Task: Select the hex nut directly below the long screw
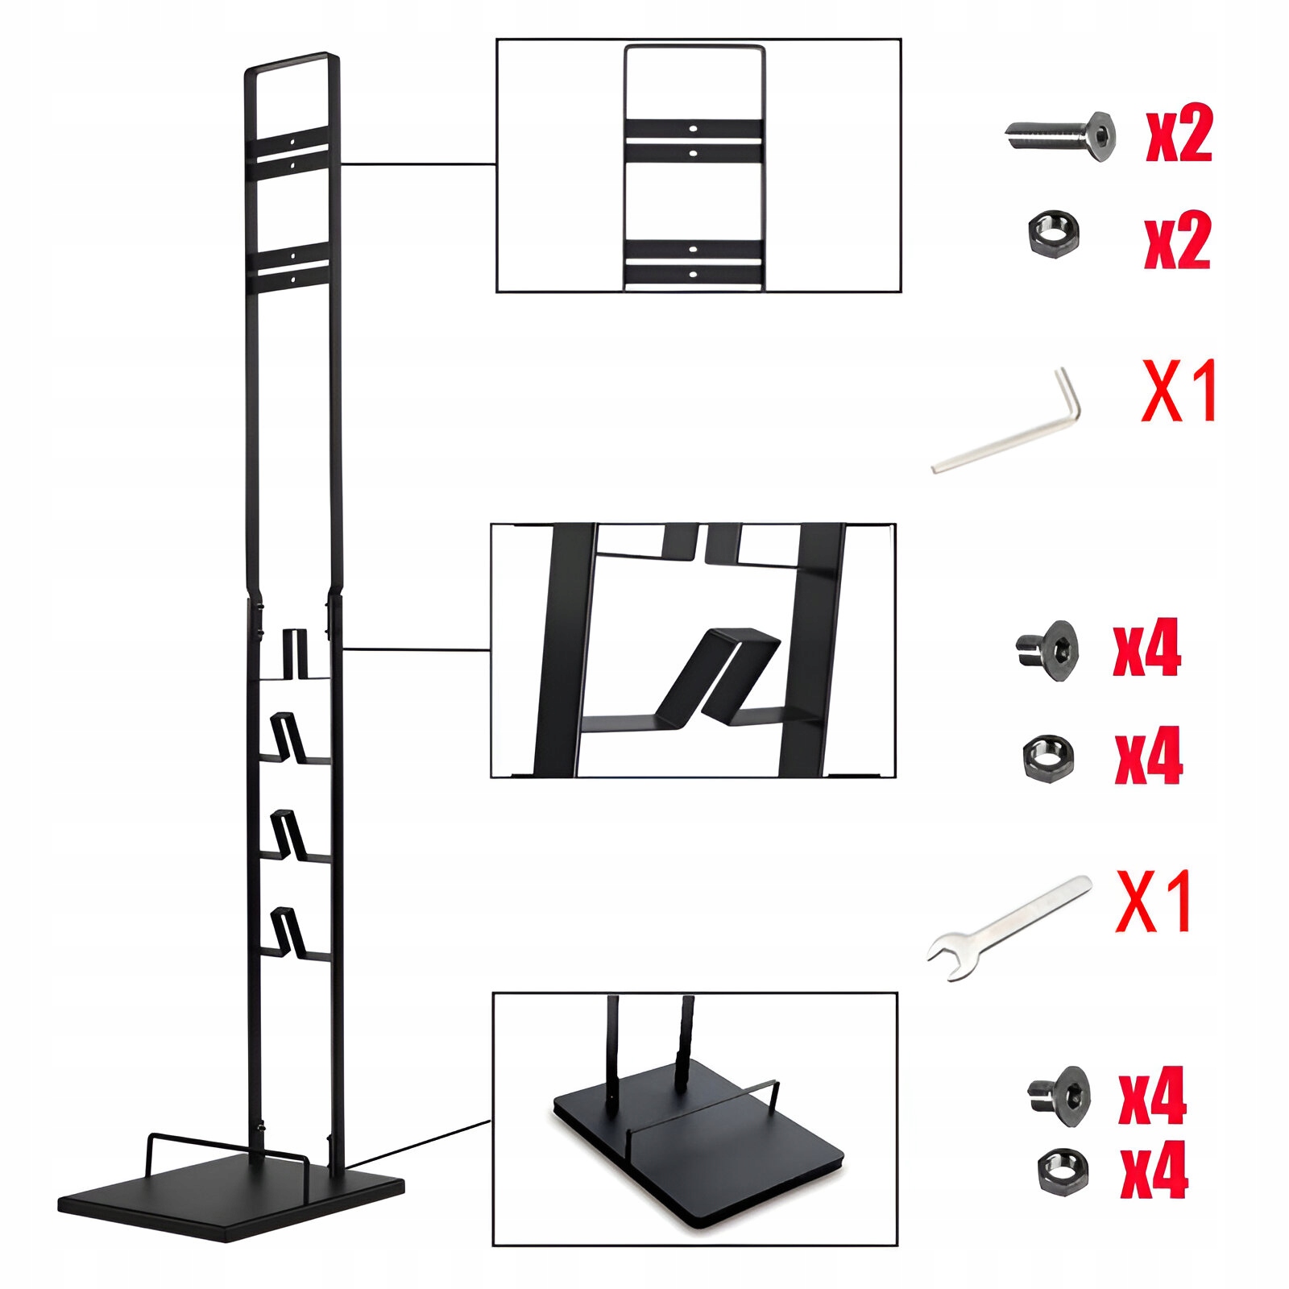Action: tap(1055, 234)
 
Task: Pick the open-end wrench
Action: tap(1007, 929)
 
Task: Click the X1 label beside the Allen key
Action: tap(1179, 392)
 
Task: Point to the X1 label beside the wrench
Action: tap(1154, 901)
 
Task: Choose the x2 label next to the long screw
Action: tap(1179, 137)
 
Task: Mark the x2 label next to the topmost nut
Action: tap(1178, 242)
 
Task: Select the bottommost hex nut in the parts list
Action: tap(1062, 1171)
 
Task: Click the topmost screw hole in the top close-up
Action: tap(693, 127)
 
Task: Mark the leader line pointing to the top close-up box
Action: tap(418, 164)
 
